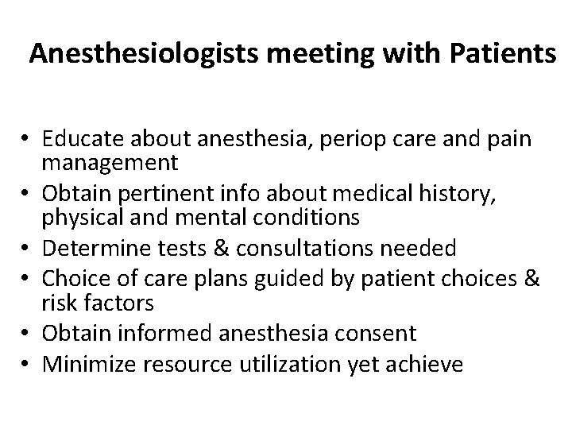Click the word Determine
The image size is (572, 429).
(83, 249)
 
